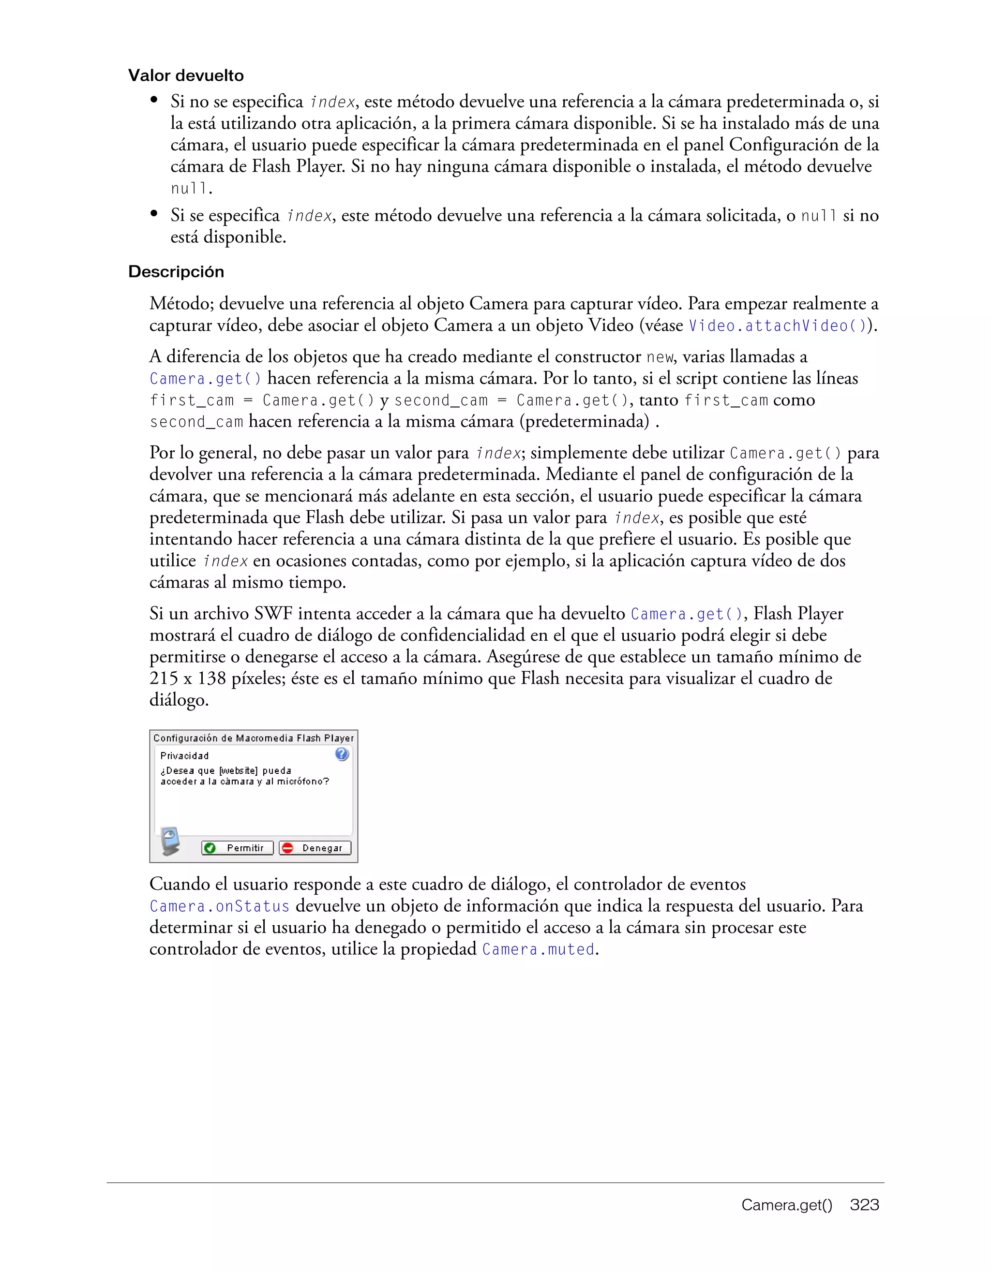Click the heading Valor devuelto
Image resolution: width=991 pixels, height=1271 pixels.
point(186,75)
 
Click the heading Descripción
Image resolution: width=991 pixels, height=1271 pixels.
point(176,272)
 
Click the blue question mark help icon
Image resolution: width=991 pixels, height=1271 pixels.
point(342,754)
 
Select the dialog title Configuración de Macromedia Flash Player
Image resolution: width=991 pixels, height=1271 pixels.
point(253,738)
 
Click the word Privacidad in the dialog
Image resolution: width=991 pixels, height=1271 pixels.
point(184,756)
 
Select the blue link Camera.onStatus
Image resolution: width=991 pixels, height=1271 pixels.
point(220,906)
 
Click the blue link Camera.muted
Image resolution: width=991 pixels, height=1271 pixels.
point(539,949)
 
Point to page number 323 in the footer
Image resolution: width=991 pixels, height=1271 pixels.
point(864,1205)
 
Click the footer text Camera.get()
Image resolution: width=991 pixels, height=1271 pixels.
point(787,1205)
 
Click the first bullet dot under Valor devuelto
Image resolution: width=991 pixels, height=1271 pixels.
point(154,100)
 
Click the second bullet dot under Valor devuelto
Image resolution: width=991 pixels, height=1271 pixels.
point(154,214)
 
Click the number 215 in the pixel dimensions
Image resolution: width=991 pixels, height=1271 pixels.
point(163,679)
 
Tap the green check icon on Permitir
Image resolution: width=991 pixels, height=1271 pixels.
point(210,848)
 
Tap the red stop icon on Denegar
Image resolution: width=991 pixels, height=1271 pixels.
point(287,848)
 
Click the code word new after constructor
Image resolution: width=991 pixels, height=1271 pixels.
point(659,357)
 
